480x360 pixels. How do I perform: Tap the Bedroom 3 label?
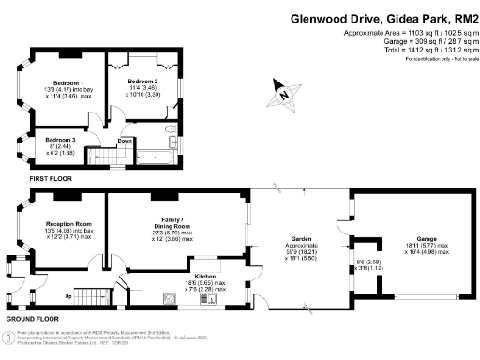pyautogui.click(x=48, y=141)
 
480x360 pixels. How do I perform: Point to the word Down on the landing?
pyautogui.click(x=111, y=142)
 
